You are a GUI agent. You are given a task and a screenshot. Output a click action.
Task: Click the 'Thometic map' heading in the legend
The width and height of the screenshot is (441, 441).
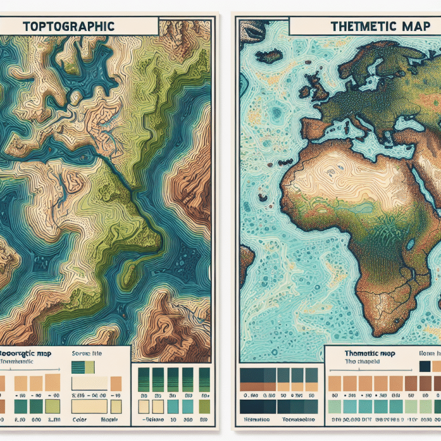point(365,354)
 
